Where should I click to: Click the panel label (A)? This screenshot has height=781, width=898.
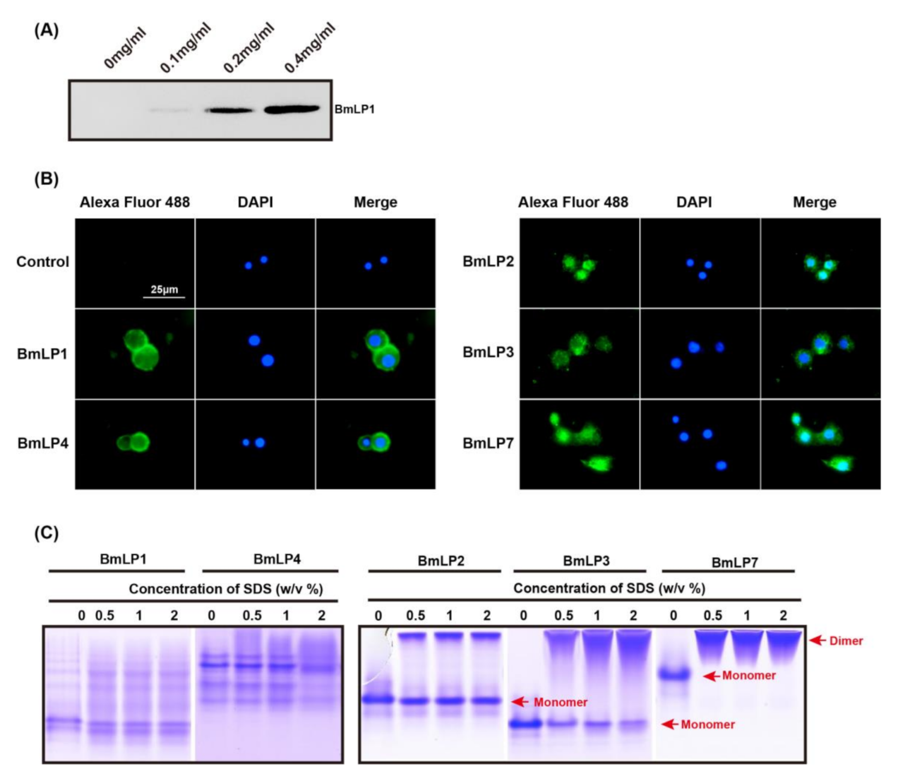point(46,31)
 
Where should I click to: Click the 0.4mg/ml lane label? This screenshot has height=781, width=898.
point(309,48)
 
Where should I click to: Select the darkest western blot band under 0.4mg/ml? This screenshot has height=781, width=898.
point(293,109)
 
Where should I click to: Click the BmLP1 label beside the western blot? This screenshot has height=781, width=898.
point(354,109)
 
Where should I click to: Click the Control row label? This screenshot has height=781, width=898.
point(43,262)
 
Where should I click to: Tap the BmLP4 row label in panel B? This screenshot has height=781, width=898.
point(43,444)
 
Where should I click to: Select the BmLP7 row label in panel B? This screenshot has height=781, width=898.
point(488,444)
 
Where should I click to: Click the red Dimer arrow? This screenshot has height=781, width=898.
point(818,641)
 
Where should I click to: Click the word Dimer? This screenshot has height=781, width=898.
point(846,641)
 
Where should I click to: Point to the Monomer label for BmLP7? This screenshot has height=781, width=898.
point(748,676)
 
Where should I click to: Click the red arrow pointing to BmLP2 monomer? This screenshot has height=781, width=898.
point(520,702)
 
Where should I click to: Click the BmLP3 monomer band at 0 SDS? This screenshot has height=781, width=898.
point(525,724)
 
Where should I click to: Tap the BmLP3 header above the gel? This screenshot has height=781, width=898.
point(586,561)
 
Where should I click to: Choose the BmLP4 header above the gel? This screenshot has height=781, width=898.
point(277,559)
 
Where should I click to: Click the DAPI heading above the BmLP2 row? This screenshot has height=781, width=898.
point(694,202)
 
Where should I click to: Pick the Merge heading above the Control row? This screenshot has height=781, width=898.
point(375,202)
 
